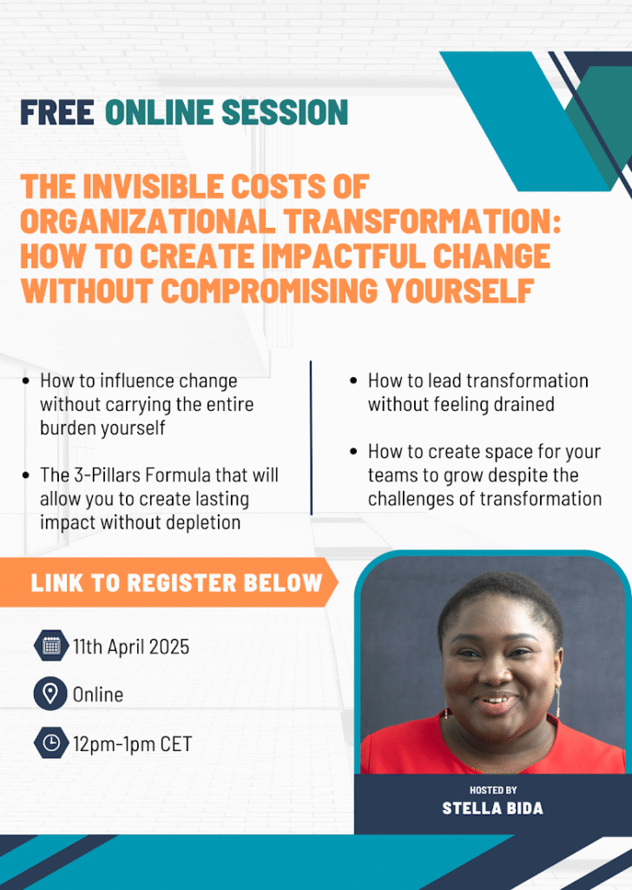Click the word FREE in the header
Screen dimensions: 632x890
[57, 112]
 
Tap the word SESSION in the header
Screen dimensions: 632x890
[285, 112]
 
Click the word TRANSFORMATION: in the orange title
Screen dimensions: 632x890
[423, 221]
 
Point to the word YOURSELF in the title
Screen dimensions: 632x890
[460, 290]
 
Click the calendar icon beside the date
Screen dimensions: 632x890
[51, 646]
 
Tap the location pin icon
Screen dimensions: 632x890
[50, 694]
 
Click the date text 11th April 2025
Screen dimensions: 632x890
[131, 647]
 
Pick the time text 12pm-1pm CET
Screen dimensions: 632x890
[133, 744]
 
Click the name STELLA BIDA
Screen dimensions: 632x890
[492, 808]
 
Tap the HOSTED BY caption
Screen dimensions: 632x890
[493, 789]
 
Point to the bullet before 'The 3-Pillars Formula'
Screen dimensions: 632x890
[25, 475]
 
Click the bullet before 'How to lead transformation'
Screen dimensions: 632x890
[353, 381]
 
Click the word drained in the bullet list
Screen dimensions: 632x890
[522, 404]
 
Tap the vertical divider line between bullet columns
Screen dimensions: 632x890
[311, 437]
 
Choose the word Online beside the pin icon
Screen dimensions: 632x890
[98, 694]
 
